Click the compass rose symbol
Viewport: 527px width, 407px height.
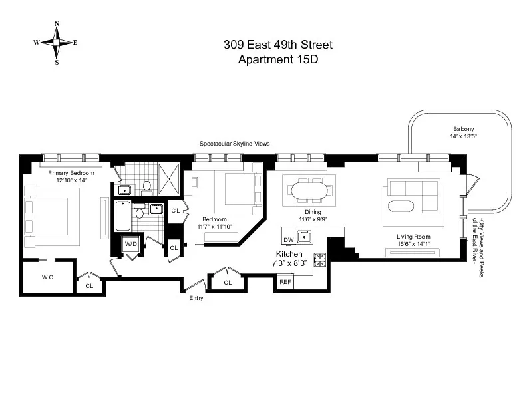click(x=57, y=43)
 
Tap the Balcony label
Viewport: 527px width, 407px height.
click(x=463, y=128)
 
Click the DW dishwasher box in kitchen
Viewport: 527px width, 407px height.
click(x=288, y=239)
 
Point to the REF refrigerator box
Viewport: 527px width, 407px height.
click(x=285, y=282)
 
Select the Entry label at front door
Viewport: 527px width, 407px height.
click(x=196, y=298)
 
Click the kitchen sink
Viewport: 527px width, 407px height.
click(x=307, y=237)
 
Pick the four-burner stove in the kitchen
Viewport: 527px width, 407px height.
click(x=320, y=259)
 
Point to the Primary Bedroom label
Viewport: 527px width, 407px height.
click(x=71, y=173)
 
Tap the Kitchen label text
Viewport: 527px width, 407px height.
click(x=289, y=254)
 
